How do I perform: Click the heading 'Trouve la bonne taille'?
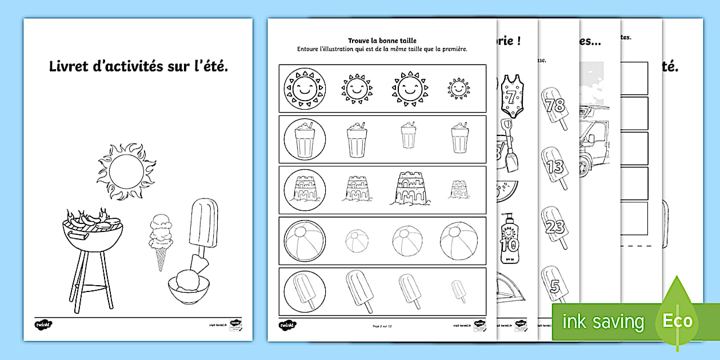point(382,41)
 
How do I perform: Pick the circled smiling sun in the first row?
point(304,89)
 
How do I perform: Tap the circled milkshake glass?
point(304,139)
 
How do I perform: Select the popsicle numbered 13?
point(553,167)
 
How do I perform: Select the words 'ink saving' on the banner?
point(603,322)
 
